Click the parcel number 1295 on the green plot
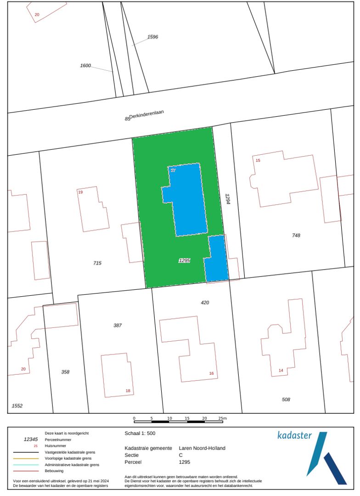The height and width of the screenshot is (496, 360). pyautogui.click(x=184, y=260)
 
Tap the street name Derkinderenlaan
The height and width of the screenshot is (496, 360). pyautogui.click(x=147, y=114)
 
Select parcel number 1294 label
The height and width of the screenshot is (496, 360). pyautogui.click(x=227, y=198)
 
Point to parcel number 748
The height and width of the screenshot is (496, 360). pyautogui.click(x=296, y=236)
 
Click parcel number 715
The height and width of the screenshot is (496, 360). pyautogui.click(x=97, y=263)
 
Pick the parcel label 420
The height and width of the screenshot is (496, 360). pyautogui.click(x=205, y=303)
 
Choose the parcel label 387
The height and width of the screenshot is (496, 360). pyautogui.click(x=118, y=325)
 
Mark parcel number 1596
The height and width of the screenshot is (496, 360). pyautogui.click(x=153, y=37)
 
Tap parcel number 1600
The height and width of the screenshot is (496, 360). pyautogui.click(x=85, y=66)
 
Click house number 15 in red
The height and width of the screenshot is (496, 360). pyautogui.click(x=258, y=160)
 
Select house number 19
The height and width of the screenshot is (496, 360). pyautogui.click(x=80, y=192)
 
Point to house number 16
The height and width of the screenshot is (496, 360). pyautogui.click(x=211, y=373)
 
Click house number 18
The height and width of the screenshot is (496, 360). pyautogui.click(x=128, y=391)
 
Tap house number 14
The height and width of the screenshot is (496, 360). pyautogui.click(x=281, y=371)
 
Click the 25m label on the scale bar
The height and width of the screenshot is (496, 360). pyautogui.click(x=222, y=418)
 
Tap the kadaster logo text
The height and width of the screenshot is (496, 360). pyautogui.click(x=294, y=435)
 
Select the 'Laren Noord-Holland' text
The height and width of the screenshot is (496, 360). pyautogui.click(x=202, y=448)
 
